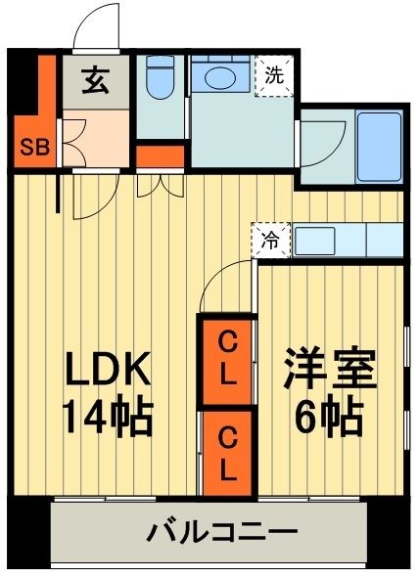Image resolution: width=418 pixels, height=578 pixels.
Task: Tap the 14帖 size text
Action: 108,418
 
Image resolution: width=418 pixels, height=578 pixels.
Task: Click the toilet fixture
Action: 159,77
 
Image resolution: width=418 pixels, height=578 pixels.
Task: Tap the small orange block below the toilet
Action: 160,156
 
